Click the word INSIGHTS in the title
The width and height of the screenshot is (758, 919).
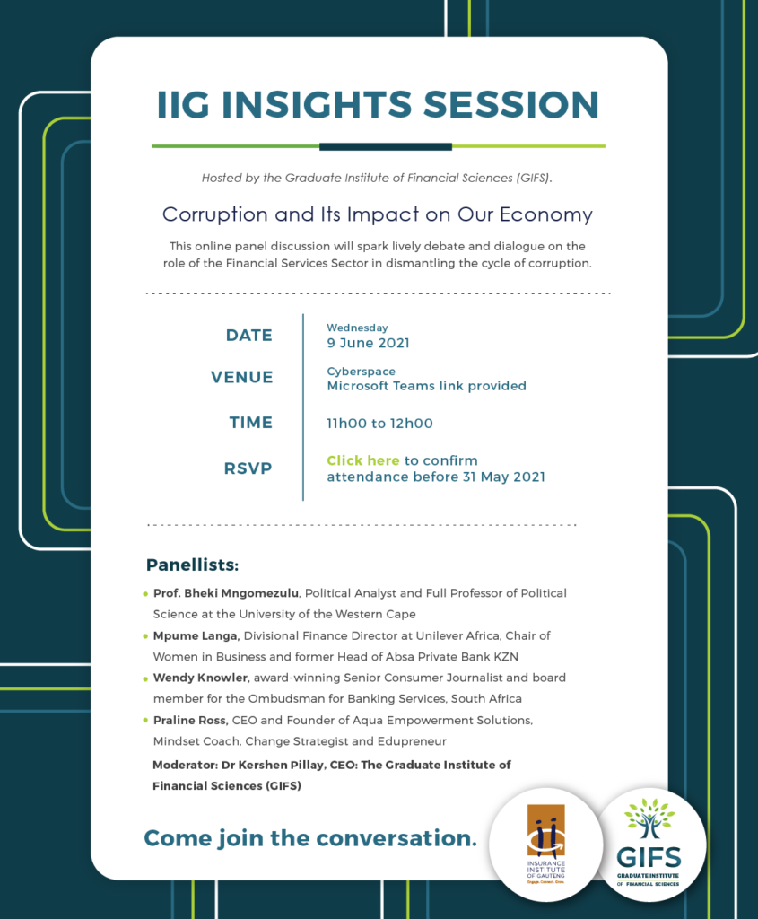coord(317,104)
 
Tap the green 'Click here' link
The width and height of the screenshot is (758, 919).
coord(362,460)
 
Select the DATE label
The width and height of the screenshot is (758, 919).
coord(249,336)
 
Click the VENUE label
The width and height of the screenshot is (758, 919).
coord(242,377)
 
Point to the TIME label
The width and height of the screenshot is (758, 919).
coord(250,423)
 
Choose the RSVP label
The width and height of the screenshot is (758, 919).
coord(248,468)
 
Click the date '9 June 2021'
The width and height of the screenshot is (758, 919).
coord(368,343)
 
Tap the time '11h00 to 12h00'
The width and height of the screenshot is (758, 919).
coord(379,424)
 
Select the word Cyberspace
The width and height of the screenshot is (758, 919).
coord(361,372)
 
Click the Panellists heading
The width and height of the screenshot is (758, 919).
coord(192,565)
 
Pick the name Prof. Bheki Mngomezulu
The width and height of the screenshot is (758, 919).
coord(226,593)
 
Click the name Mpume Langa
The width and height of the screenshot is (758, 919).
coord(196,636)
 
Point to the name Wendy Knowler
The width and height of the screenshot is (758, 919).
coord(201,678)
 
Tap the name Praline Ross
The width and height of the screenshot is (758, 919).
coord(190,721)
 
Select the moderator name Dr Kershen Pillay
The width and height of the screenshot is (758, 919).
coord(273,765)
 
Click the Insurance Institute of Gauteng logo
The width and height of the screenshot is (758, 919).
coord(546,844)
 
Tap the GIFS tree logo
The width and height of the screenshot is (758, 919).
coord(649,843)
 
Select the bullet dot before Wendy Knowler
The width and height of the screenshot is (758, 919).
coord(145,679)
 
